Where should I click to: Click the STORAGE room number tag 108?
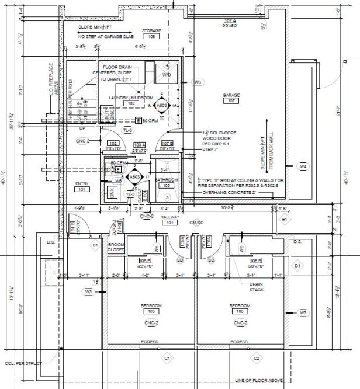click(152, 36)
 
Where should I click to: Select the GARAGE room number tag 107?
click(231, 100)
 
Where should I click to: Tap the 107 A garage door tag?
click(229, 20)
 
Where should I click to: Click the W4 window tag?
click(303, 167)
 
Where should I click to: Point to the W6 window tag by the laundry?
click(198, 82)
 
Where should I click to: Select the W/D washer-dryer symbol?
click(166, 75)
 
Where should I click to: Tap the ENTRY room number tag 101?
click(81, 189)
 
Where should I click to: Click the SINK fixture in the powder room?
click(113, 193)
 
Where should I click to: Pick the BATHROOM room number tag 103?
click(166, 185)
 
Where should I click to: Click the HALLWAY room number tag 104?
click(171, 223)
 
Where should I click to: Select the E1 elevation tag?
click(286, 219)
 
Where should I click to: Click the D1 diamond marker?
click(297, 266)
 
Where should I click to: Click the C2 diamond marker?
click(256, 357)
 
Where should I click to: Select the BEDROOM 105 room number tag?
click(151, 311)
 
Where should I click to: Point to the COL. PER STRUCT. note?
click(24, 363)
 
